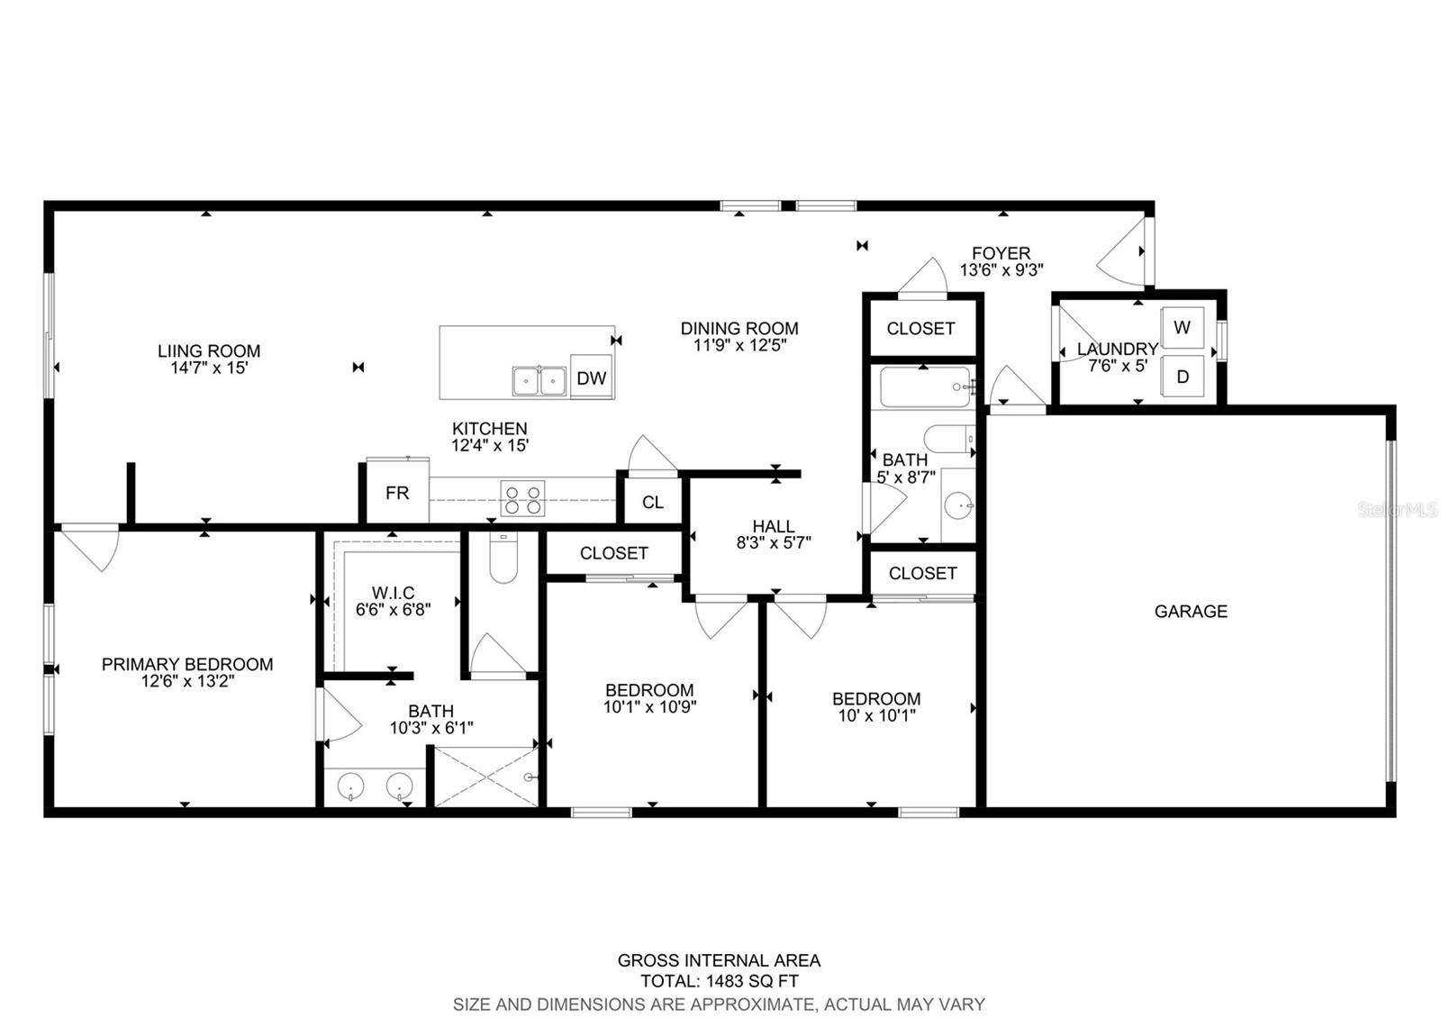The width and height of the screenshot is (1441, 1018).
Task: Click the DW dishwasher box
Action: pyautogui.click(x=591, y=377)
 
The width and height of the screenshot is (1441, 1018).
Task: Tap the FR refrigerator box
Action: pyautogui.click(x=397, y=492)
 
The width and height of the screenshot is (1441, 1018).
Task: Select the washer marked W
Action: pyautogui.click(x=1183, y=328)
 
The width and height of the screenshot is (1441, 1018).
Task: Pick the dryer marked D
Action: pyautogui.click(x=1183, y=377)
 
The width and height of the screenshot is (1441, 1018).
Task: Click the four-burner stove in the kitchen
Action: pyautogui.click(x=522, y=499)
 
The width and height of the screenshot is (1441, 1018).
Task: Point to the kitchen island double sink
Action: pyautogui.click(x=539, y=381)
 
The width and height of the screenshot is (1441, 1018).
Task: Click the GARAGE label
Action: pyautogui.click(x=1191, y=611)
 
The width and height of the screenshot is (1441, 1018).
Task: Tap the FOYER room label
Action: pyautogui.click(x=1001, y=253)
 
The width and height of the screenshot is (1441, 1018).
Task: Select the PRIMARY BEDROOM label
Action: pyautogui.click(x=187, y=664)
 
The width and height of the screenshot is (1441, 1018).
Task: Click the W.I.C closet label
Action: pyautogui.click(x=393, y=592)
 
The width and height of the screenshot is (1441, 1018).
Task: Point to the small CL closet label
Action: pyautogui.click(x=653, y=502)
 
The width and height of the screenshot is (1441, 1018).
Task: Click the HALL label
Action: pyautogui.click(x=774, y=526)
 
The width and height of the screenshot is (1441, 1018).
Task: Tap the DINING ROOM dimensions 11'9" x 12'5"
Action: pyautogui.click(x=739, y=345)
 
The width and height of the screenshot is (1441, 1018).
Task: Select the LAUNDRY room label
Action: pyautogui.click(x=1118, y=349)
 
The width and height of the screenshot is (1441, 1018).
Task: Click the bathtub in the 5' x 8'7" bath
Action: pyautogui.click(x=925, y=386)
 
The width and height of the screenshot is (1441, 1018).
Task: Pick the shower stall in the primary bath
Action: pyautogui.click(x=486, y=777)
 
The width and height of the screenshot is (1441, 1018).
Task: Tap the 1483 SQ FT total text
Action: pyautogui.click(x=752, y=981)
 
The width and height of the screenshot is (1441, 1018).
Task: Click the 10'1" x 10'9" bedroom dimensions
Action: pyautogui.click(x=649, y=706)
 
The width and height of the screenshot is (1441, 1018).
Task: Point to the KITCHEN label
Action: pyautogui.click(x=490, y=428)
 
